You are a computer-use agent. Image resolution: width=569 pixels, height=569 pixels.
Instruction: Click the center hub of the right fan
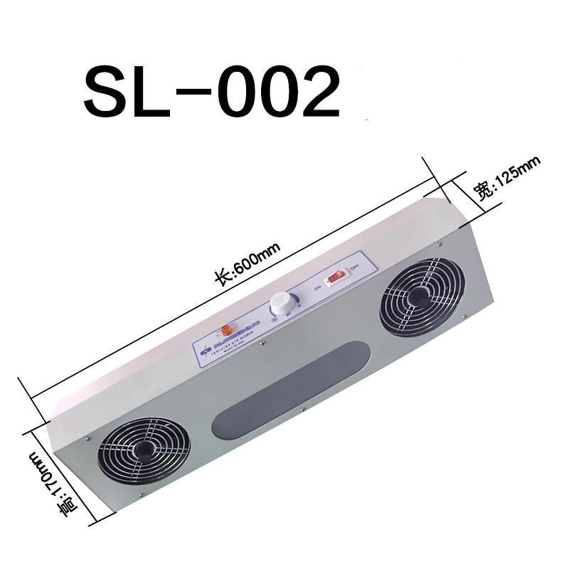[x=421, y=297]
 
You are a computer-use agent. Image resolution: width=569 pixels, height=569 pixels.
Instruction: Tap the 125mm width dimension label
[x=508, y=178]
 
